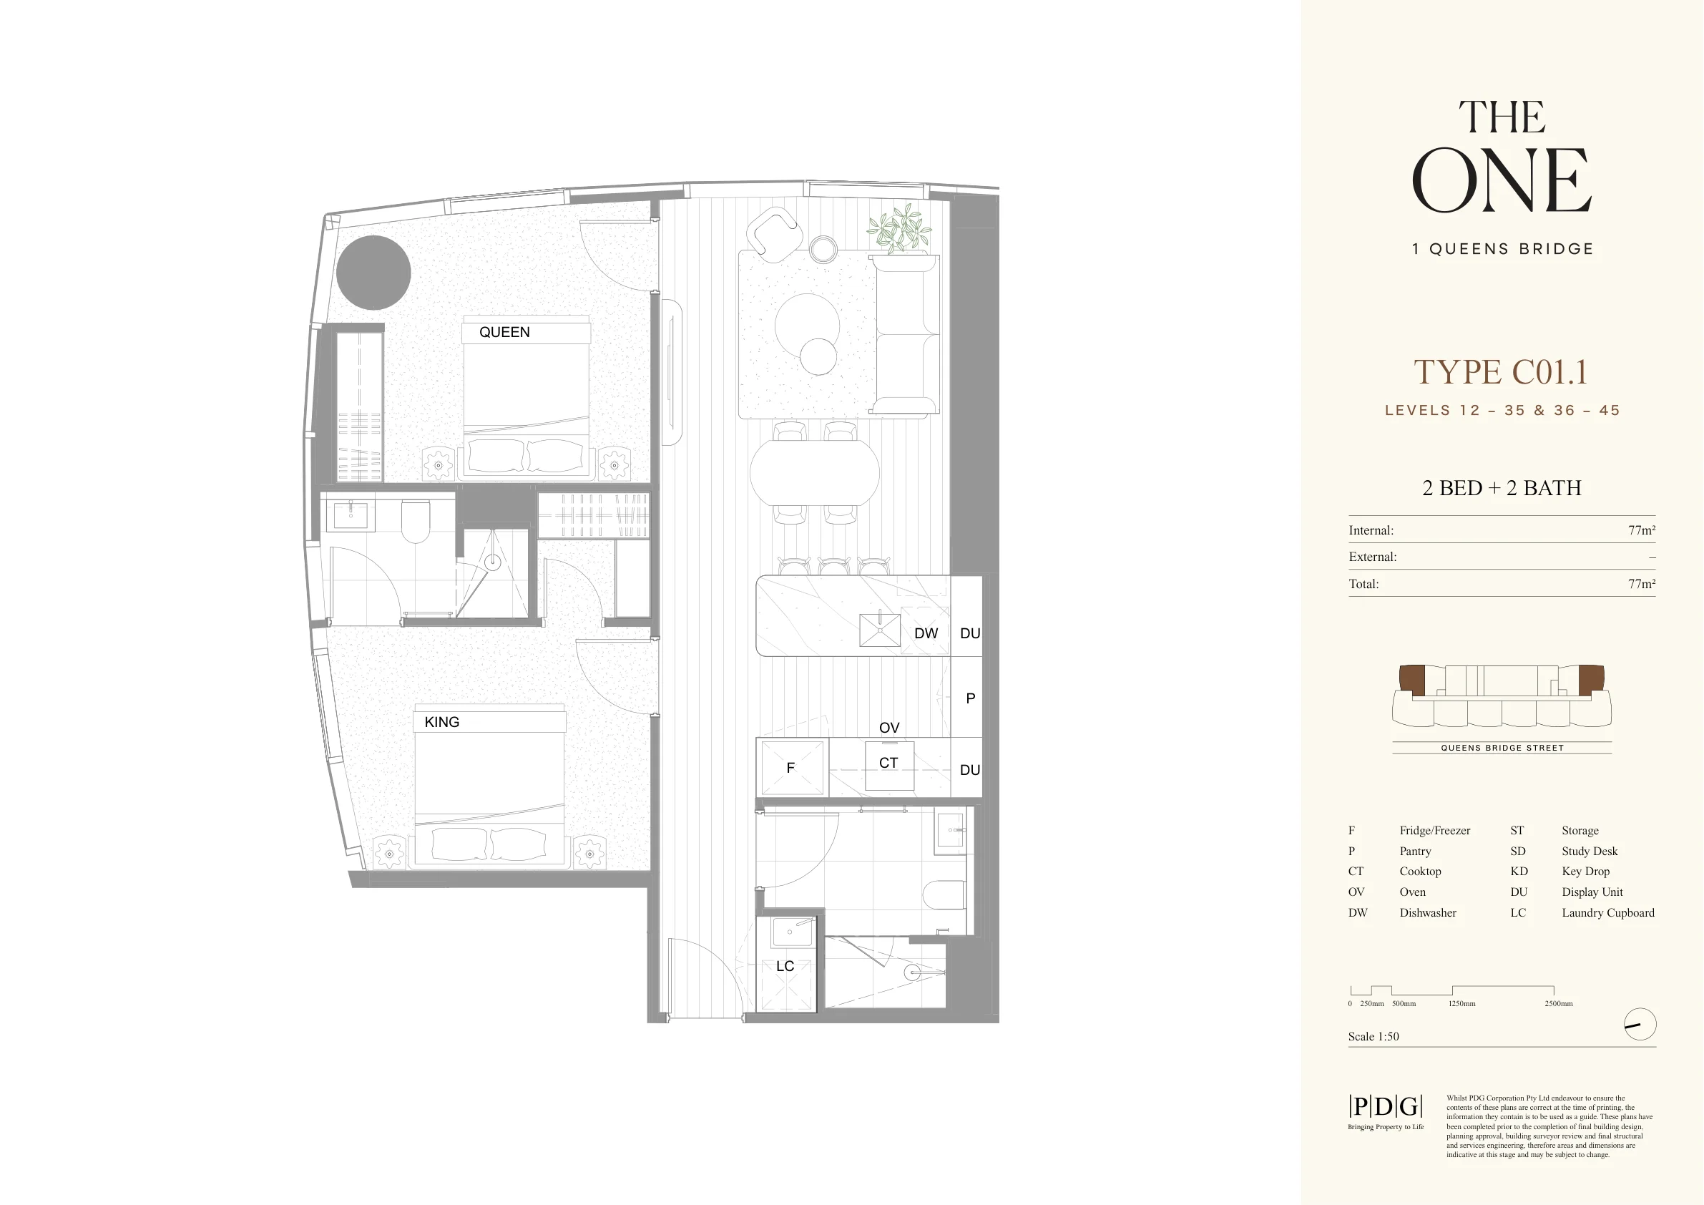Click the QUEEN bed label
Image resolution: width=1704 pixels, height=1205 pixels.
coord(504,332)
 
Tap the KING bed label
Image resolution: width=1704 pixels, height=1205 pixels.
coord(441,722)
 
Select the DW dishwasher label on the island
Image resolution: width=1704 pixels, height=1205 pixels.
coord(926,633)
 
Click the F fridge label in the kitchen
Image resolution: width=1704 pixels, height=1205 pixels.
coord(790,768)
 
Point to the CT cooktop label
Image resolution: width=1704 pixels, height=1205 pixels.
coord(888,763)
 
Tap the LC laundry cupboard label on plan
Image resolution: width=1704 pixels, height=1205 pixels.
coord(785,966)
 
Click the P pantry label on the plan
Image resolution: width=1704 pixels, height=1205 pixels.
coord(970,698)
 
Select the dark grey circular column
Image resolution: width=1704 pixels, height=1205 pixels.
coord(373,273)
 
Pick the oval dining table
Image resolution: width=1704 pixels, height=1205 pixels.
coord(814,472)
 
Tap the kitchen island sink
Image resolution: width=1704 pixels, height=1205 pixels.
coord(879,630)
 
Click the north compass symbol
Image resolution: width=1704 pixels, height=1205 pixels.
coord(1640,1025)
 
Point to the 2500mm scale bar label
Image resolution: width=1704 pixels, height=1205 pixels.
coord(1559,1004)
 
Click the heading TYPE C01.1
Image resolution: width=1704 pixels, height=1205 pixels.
coord(1501,372)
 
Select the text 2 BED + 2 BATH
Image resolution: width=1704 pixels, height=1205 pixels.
coord(1502,488)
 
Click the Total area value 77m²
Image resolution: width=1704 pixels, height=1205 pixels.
coord(1642,585)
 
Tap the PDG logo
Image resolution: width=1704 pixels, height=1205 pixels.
coord(1385,1106)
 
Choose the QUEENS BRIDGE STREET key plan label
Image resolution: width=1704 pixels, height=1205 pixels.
coord(1502,748)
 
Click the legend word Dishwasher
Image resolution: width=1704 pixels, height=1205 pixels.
coord(1428,912)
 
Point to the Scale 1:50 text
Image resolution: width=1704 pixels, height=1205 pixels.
coord(1373,1036)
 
